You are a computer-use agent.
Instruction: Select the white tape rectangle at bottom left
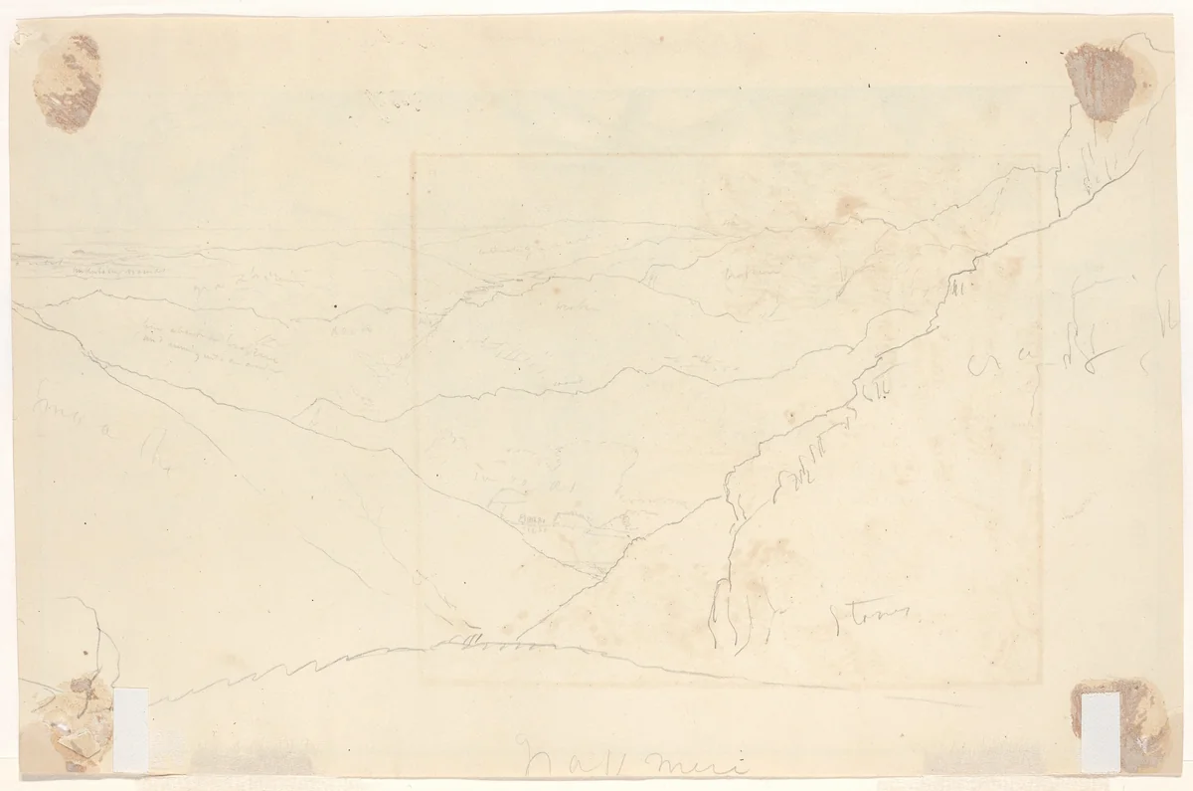coord(131,729)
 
